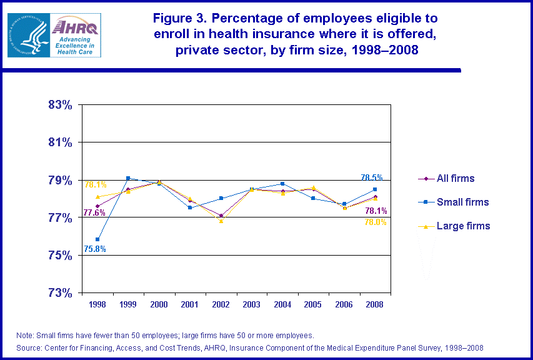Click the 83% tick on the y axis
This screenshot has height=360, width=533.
(x=60, y=105)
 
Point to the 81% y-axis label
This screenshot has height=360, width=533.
(x=60, y=142)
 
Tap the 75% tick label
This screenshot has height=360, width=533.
(x=60, y=256)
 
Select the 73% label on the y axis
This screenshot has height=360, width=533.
(x=60, y=293)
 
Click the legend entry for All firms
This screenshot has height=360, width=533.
(x=455, y=179)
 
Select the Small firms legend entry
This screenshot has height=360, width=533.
(x=462, y=202)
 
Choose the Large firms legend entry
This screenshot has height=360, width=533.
(x=463, y=226)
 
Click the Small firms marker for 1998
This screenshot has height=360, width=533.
(x=97, y=239)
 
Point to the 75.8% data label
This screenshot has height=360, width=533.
(x=95, y=249)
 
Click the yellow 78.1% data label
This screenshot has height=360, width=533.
(x=95, y=185)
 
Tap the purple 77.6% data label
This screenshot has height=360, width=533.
(x=94, y=213)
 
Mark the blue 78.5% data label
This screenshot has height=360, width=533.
(x=372, y=177)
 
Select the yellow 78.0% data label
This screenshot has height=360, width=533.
(x=376, y=222)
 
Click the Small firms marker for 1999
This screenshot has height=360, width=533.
(x=128, y=177)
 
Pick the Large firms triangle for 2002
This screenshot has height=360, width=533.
(x=221, y=221)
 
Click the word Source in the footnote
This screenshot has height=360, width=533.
(x=30, y=347)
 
